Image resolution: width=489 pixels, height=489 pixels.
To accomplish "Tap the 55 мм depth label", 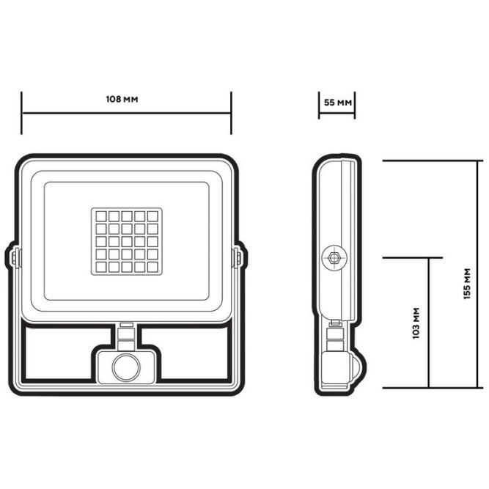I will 337,102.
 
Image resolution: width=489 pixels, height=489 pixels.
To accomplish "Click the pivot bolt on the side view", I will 334,258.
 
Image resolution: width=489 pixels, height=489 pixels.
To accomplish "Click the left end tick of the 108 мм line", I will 21,113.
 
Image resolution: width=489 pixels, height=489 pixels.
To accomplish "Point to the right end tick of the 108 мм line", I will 231,113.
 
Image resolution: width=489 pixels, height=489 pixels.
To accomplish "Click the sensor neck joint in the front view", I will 126,336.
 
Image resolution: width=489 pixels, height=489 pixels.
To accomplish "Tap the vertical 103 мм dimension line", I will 429,323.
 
